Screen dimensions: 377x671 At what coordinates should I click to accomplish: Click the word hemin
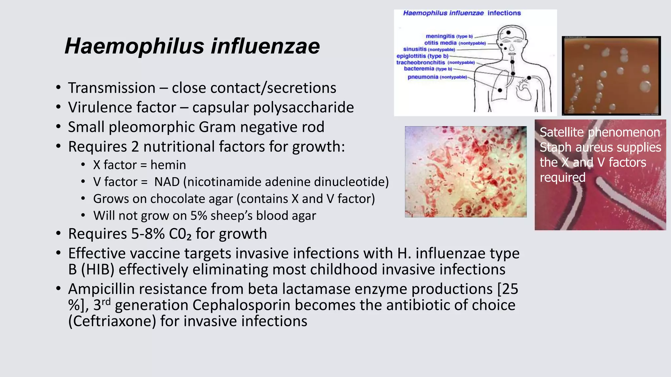point(168,165)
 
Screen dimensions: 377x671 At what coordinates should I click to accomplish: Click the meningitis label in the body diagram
point(440,36)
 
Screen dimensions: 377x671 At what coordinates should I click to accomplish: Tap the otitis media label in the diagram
point(440,43)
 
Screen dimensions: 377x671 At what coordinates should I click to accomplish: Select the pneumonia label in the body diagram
point(423,77)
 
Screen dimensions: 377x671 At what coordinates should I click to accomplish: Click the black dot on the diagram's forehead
point(508,32)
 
